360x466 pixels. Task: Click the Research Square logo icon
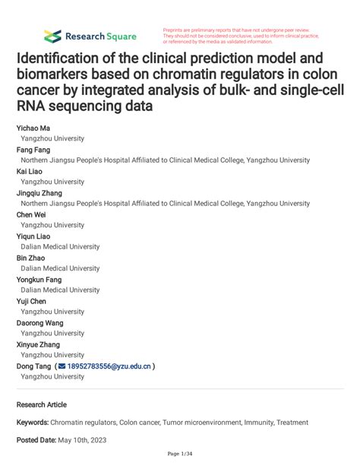point(52,35)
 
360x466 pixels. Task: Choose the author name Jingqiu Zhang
point(39,193)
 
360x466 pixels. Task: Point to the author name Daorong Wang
point(39,322)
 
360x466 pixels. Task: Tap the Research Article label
point(42,404)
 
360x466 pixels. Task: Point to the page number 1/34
point(180,454)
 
